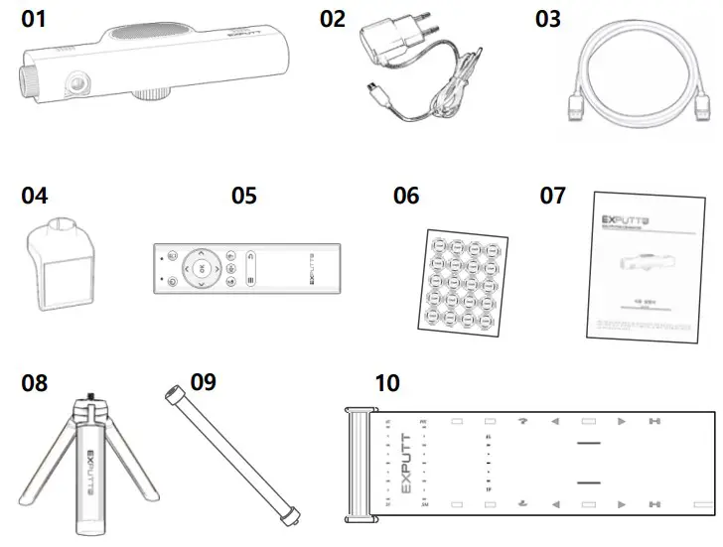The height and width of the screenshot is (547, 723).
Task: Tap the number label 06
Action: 406,196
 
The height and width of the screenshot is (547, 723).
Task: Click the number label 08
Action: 34,383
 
